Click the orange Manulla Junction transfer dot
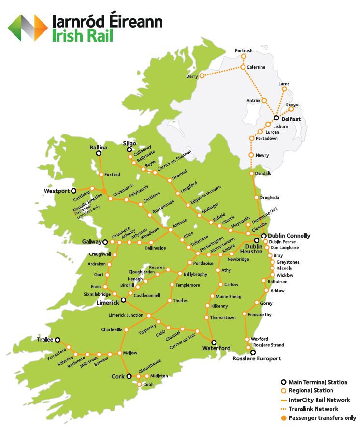click(x=104, y=191)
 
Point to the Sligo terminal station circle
click(x=129, y=150)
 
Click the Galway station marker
click(x=105, y=241)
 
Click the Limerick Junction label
click(x=126, y=315)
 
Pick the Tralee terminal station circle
click(x=58, y=340)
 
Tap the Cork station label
click(x=118, y=376)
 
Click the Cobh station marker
click(x=139, y=384)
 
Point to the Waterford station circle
click(x=214, y=342)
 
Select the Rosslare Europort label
click(x=257, y=358)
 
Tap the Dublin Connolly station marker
click(x=264, y=236)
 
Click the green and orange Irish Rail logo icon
click(x=28, y=28)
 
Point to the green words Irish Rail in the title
click(x=82, y=36)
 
